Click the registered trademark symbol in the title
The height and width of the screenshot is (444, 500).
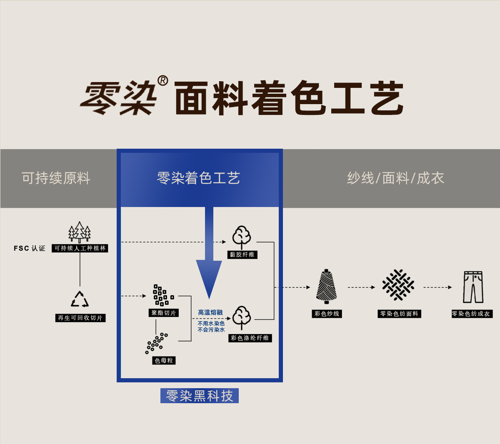point(162,80)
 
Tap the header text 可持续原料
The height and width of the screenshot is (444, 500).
point(56,178)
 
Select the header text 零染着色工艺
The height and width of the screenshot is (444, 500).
point(198,178)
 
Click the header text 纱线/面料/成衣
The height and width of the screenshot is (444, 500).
point(395,178)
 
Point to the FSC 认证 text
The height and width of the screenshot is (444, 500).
point(29,248)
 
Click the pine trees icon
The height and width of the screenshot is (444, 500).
point(80,232)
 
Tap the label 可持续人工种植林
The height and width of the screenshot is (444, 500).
point(80,248)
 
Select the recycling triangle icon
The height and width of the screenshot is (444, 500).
point(80,299)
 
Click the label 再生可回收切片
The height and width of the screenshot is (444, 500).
point(80,318)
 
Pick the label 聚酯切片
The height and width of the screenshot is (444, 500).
point(164,313)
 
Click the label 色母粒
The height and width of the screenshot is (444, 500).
point(164,360)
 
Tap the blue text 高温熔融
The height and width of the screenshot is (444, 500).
point(210,312)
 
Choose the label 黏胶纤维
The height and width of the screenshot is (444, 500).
point(242,254)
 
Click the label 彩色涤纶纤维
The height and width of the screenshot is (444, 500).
point(250,338)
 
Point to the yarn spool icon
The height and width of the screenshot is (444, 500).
point(327,287)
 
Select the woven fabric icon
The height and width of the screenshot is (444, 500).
point(398,285)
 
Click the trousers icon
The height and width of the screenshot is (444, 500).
point(473,287)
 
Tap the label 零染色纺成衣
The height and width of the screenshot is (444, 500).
point(472,314)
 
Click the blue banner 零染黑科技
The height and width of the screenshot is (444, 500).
point(200,396)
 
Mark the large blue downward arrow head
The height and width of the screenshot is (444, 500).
point(209,277)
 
